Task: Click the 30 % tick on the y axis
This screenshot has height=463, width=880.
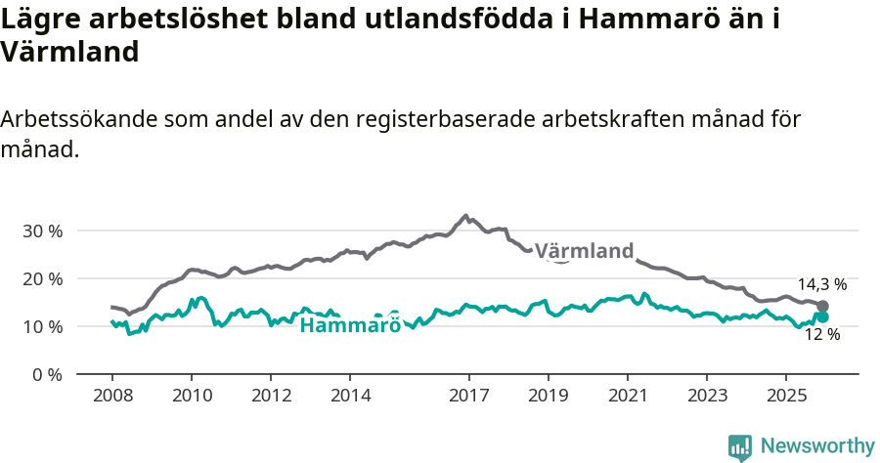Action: click(41, 231)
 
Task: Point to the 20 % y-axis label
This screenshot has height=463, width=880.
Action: click(41, 279)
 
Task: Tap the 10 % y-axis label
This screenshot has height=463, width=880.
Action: click(41, 326)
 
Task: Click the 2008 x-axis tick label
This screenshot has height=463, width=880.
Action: click(111, 396)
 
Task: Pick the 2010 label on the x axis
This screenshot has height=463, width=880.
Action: click(192, 396)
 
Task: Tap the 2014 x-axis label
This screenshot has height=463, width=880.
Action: click(350, 396)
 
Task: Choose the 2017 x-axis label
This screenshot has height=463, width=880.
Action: click(469, 396)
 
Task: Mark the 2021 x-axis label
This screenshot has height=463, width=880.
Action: click(628, 396)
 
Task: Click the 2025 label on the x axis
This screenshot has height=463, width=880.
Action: click(786, 396)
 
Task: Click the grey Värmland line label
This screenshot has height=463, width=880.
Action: click(584, 251)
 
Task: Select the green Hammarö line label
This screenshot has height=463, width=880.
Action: click(349, 325)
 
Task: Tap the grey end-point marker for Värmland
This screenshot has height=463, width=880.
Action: click(822, 306)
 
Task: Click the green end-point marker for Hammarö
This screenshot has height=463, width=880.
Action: click(822, 316)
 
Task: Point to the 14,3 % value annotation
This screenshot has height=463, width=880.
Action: click(821, 284)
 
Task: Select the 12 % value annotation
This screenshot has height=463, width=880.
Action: click(821, 335)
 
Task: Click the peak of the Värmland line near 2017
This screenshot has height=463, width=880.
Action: click(465, 216)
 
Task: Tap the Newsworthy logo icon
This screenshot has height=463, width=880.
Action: click(740, 447)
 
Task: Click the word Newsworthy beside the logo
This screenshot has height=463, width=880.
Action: click(817, 445)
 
